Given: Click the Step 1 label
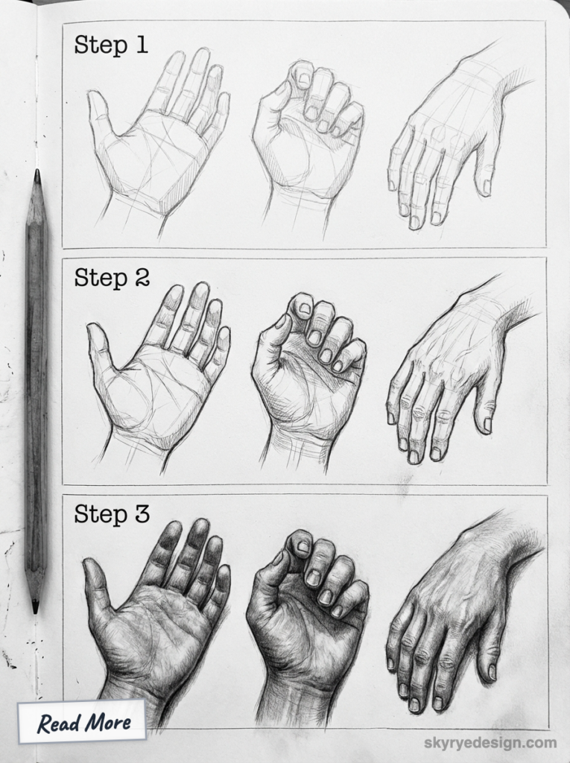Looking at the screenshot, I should [111, 45].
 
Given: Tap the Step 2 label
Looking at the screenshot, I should [112, 278].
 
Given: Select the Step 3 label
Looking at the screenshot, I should [112, 513].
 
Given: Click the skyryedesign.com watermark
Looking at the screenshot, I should [490, 742].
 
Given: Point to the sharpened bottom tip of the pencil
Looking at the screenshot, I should [35, 607].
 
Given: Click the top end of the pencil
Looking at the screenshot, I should [37, 174].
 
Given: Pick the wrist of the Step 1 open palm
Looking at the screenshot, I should [134, 212].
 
